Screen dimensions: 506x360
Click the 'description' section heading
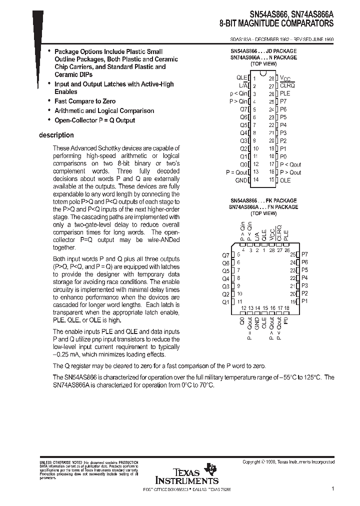(56, 135)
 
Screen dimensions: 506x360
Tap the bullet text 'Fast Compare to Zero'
(84, 101)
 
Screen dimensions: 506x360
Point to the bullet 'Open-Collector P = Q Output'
(94, 120)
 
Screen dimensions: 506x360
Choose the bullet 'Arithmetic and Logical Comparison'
(104, 111)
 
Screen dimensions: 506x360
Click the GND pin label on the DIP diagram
(241, 180)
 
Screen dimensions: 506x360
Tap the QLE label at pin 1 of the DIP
(241, 78)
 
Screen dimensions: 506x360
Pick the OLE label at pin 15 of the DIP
(285, 180)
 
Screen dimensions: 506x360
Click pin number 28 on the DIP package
(271, 78)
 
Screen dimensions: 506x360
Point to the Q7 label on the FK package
(225, 254)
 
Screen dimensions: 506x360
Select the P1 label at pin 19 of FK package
(304, 301)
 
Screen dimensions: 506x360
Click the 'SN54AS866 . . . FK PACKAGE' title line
(263, 199)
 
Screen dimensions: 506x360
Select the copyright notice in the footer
(288, 462)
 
